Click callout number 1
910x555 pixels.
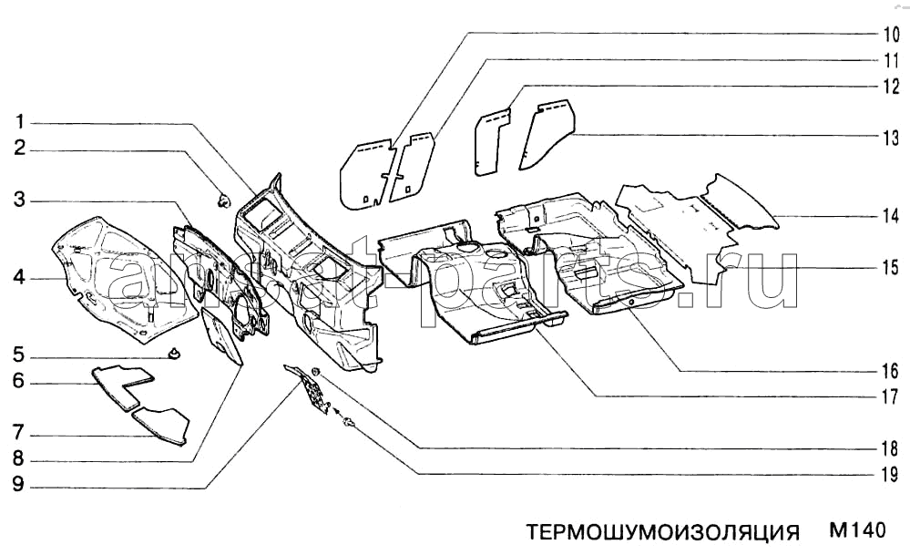tap(20, 122)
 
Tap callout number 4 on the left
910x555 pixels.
tap(19, 278)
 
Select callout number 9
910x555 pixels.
tap(18, 484)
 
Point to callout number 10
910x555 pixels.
tap(892, 35)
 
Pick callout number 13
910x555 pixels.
tap(892, 139)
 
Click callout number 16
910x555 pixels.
tap(891, 371)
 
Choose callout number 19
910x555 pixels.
tap(891, 475)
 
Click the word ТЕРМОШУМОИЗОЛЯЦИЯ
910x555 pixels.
tap(662, 532)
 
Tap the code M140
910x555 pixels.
tap(857, 530)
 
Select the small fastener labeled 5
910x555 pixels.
tap(173, 353)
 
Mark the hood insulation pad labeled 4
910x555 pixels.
tap(125, 279)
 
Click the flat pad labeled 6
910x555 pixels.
tap(123, 385)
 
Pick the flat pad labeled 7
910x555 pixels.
tap(160, 425)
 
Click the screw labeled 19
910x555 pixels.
tap(348, 424)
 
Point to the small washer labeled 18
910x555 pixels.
tap(316, 372)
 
